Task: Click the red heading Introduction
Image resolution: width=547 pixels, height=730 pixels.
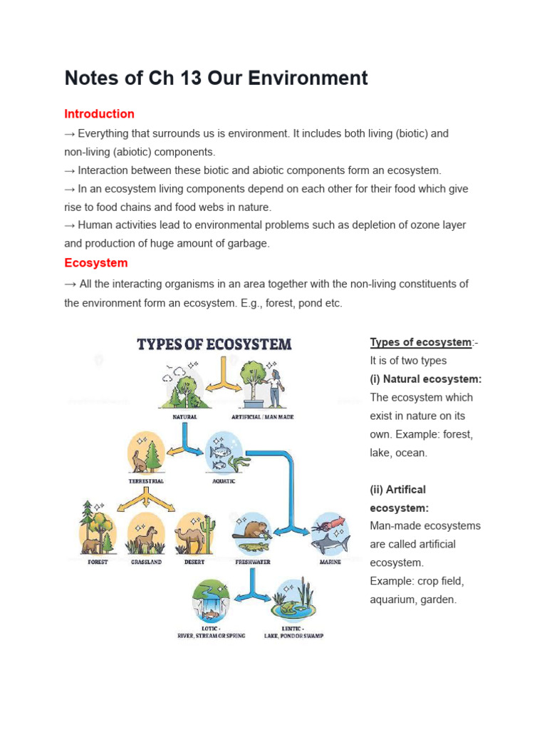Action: click(99, 114)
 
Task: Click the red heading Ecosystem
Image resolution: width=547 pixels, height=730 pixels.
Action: click(96, 263)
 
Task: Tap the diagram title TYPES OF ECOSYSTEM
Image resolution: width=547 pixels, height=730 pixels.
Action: click(214, 345)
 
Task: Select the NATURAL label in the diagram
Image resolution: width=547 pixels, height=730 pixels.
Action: click(184, 417)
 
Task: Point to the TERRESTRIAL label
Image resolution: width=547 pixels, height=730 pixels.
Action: click(146, 481)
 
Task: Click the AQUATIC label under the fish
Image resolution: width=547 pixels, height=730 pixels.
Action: click(223, 481)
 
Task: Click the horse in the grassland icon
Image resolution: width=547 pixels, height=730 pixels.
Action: click(146, 538)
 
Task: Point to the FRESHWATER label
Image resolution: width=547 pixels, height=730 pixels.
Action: click(253, 562)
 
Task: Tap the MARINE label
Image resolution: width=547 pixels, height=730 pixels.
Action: click(330, 562)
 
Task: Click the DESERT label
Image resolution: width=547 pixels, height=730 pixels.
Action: click(194, 562)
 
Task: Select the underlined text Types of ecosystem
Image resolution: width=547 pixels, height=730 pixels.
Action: click(420, 342)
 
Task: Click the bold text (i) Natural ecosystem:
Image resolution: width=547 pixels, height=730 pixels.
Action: click(426, 379)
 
